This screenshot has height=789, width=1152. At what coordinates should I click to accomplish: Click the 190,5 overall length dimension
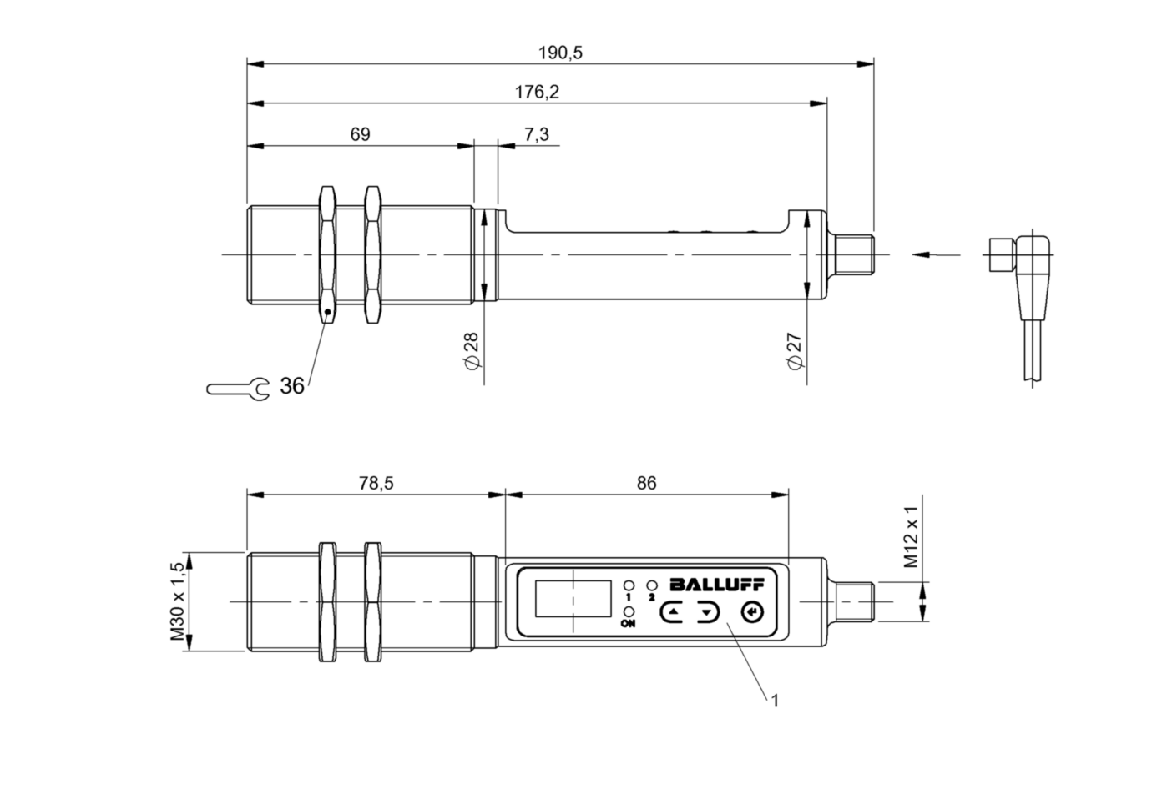[560, 53]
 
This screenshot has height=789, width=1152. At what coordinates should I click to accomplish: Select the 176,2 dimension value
[537, 93]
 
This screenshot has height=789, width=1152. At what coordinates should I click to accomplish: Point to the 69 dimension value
[360, 134]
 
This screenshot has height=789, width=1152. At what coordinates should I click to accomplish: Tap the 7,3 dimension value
[537, 134]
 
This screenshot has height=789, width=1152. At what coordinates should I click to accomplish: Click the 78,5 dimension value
[376, 483]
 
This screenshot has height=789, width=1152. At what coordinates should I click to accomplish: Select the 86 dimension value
[646, 483]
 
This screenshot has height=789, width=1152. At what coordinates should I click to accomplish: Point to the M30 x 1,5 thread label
[177, 601]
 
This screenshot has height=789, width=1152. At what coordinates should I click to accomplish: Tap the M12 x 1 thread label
[912, 537]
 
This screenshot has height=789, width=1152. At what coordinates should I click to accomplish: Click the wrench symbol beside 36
[238, 388]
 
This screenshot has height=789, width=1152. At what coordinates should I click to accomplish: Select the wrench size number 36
[292, 386]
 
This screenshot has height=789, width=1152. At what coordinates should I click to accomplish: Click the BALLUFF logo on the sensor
[716, 585]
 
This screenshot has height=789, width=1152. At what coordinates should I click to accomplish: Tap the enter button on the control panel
[752, 613]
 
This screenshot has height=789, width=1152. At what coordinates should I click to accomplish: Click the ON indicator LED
[628, 612]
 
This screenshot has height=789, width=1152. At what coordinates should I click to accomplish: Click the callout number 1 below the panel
[775, 701]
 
